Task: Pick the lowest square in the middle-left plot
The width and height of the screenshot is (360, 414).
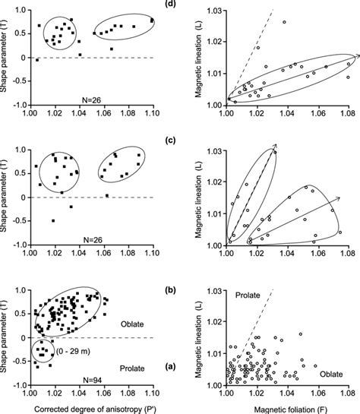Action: (53, 220)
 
